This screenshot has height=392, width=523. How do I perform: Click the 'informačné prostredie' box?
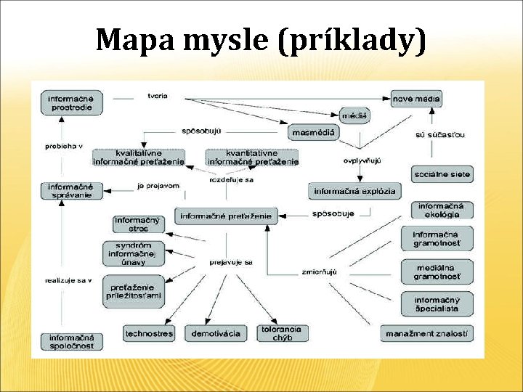(x=71, y=102)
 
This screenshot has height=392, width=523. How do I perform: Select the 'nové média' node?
(x=416, y=98)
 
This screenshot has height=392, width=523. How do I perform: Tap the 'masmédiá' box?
(x=313, y=132)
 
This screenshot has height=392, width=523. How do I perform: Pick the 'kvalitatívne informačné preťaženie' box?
(x=139, y=158)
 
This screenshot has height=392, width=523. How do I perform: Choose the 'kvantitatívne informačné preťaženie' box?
(x=251, y=158)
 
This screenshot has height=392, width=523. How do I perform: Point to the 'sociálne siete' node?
(x=442, y=174)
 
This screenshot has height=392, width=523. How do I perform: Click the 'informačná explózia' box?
(x=354, y=192)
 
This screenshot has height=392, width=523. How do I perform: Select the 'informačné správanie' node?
(x=71, y=190)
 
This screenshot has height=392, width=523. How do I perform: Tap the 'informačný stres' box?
(x=137, y=224)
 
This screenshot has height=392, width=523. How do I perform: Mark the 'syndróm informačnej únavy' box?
(x=134, y=253)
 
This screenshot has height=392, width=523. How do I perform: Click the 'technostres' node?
(x=149, y=334)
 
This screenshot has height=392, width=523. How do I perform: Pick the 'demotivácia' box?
(x=215, y=334)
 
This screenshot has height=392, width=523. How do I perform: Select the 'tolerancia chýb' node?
(x=282, y=333)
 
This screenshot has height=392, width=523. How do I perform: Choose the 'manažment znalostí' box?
(x=426, y=333)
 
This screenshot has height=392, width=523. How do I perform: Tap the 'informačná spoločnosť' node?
(x=71, y=341)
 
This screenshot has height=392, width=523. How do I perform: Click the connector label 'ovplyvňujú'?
(x=362, y=160)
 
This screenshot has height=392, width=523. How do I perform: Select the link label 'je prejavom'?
(x=158, y=186)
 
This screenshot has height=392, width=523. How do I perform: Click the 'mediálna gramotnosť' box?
(x=437, y=271)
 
